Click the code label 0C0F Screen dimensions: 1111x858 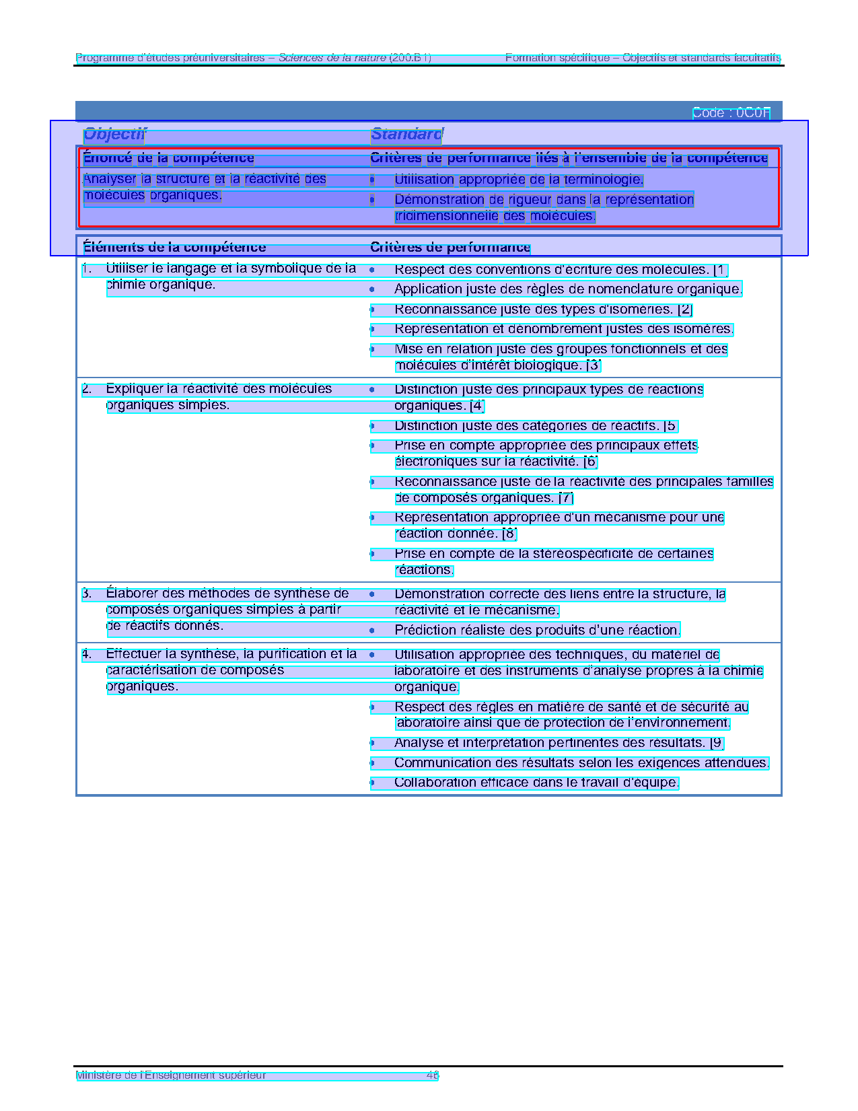pos(753,113)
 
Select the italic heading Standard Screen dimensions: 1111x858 pos(406,135)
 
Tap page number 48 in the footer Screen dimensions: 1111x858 pos(433,1075)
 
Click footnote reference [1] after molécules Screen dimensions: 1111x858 pos(720,270)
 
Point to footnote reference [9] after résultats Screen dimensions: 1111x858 pos(717,743)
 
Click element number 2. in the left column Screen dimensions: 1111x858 pos(87,389)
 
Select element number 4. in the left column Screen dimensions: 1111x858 pos(87,654)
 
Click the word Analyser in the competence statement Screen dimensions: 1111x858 pos(110,179)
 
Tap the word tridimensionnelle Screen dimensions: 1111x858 pos(447,216)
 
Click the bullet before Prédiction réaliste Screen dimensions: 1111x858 pos(372,631)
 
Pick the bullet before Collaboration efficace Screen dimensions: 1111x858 pos(372,783)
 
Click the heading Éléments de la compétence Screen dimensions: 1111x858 pos(174,248)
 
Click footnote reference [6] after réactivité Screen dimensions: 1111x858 pos(590,462)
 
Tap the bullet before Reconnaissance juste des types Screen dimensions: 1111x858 pos(372,310)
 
